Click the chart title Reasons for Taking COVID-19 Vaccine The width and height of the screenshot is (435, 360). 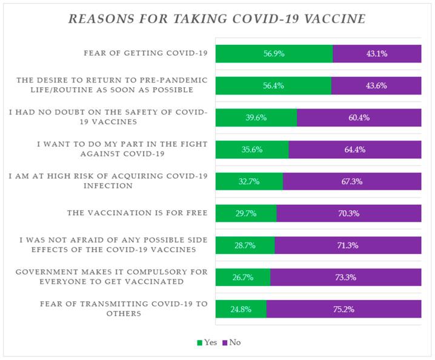tap(217, 19)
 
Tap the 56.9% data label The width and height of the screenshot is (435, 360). tap(274, 53)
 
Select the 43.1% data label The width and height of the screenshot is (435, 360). tap(377, 53)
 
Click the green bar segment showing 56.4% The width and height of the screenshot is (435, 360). tap(273, 85)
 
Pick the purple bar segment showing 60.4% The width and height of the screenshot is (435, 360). tap(359, 118)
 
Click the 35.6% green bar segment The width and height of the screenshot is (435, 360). tap(252, 150)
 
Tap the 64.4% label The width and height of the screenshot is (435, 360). tap(355, 150)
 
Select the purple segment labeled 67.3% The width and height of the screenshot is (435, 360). tap(352, 181)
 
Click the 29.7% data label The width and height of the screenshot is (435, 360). tap(247, 213)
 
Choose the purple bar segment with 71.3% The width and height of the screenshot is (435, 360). tap(348, 245)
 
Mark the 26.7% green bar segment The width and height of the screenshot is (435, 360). tap(243, 278)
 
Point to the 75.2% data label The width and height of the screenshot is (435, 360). tap(344, 309)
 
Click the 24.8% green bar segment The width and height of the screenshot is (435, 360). tap(241, 309)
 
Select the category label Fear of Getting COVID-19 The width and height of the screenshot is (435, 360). tap(145, 53)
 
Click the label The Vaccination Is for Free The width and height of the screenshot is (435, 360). tap(138, 213)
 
